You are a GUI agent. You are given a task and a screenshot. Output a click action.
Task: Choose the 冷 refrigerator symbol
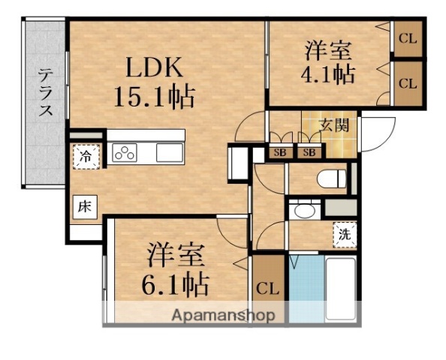[86, 157]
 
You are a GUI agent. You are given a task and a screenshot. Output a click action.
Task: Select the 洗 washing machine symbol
[343, 233]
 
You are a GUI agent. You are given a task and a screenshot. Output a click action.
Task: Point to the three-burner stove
[125, 153]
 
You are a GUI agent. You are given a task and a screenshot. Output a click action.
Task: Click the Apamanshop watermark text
[223, 316]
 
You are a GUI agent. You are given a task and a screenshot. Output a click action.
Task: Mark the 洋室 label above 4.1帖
[329, 52]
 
